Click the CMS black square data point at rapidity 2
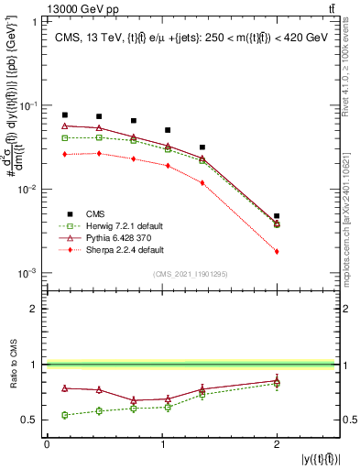click(x=277, y=216)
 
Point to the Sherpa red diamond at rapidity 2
click(x=277, y=251)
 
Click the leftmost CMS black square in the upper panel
click(x=64, y=115)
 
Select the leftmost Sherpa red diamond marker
click(x=64, y=155)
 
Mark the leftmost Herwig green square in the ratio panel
click(x=64, y=415)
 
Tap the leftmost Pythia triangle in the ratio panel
click(x=64, y=388)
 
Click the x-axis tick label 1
click(x=161, y=443)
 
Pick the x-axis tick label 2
click(x=277, y=443)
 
